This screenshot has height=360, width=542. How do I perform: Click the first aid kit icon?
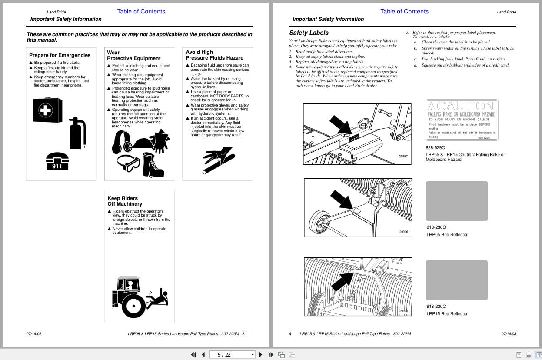pos(47,110)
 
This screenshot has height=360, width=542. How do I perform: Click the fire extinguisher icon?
pos(77,133)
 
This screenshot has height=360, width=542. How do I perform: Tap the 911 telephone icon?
pos(57,161)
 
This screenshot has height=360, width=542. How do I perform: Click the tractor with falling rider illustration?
pos(139,296)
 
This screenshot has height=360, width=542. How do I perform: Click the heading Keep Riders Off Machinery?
pos(125,201)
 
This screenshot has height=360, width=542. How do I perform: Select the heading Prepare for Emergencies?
pos(60,55)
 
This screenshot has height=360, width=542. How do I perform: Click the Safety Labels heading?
pos(309,33)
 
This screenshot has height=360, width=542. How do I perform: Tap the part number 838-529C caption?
pos(435,148)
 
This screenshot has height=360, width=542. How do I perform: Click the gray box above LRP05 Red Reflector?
pos(456,201)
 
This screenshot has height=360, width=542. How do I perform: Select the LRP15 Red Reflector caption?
pos(447,314)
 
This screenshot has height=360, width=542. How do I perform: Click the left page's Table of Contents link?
pos(141,12)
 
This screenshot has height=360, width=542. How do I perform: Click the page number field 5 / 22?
pos(232,354)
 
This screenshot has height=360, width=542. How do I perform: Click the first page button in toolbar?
pos(193,354)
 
